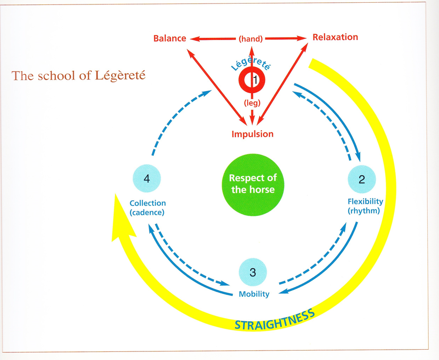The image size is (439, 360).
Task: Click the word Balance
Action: (170, 38)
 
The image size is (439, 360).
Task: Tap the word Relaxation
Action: (335, 37)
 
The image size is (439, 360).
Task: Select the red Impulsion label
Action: (253, 134)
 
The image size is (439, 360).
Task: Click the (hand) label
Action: (251, 39)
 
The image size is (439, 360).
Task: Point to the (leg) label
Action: (252, 103)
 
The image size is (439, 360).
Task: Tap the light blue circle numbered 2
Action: (362, 179)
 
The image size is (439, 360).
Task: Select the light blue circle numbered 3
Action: (253, 272)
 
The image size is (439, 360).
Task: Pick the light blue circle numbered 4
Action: (147, 179)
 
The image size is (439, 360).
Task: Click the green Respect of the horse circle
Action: (253, 184)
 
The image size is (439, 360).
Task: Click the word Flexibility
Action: (365, 202)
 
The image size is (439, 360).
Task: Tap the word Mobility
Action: (254, 294)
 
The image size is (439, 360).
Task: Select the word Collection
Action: (148, 203)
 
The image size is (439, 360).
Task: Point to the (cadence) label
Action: (147, 212)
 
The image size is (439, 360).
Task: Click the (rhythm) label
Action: (364, 211)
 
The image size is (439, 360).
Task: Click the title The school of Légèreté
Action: (78, 76)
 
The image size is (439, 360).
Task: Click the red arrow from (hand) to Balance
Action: (213, 39)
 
